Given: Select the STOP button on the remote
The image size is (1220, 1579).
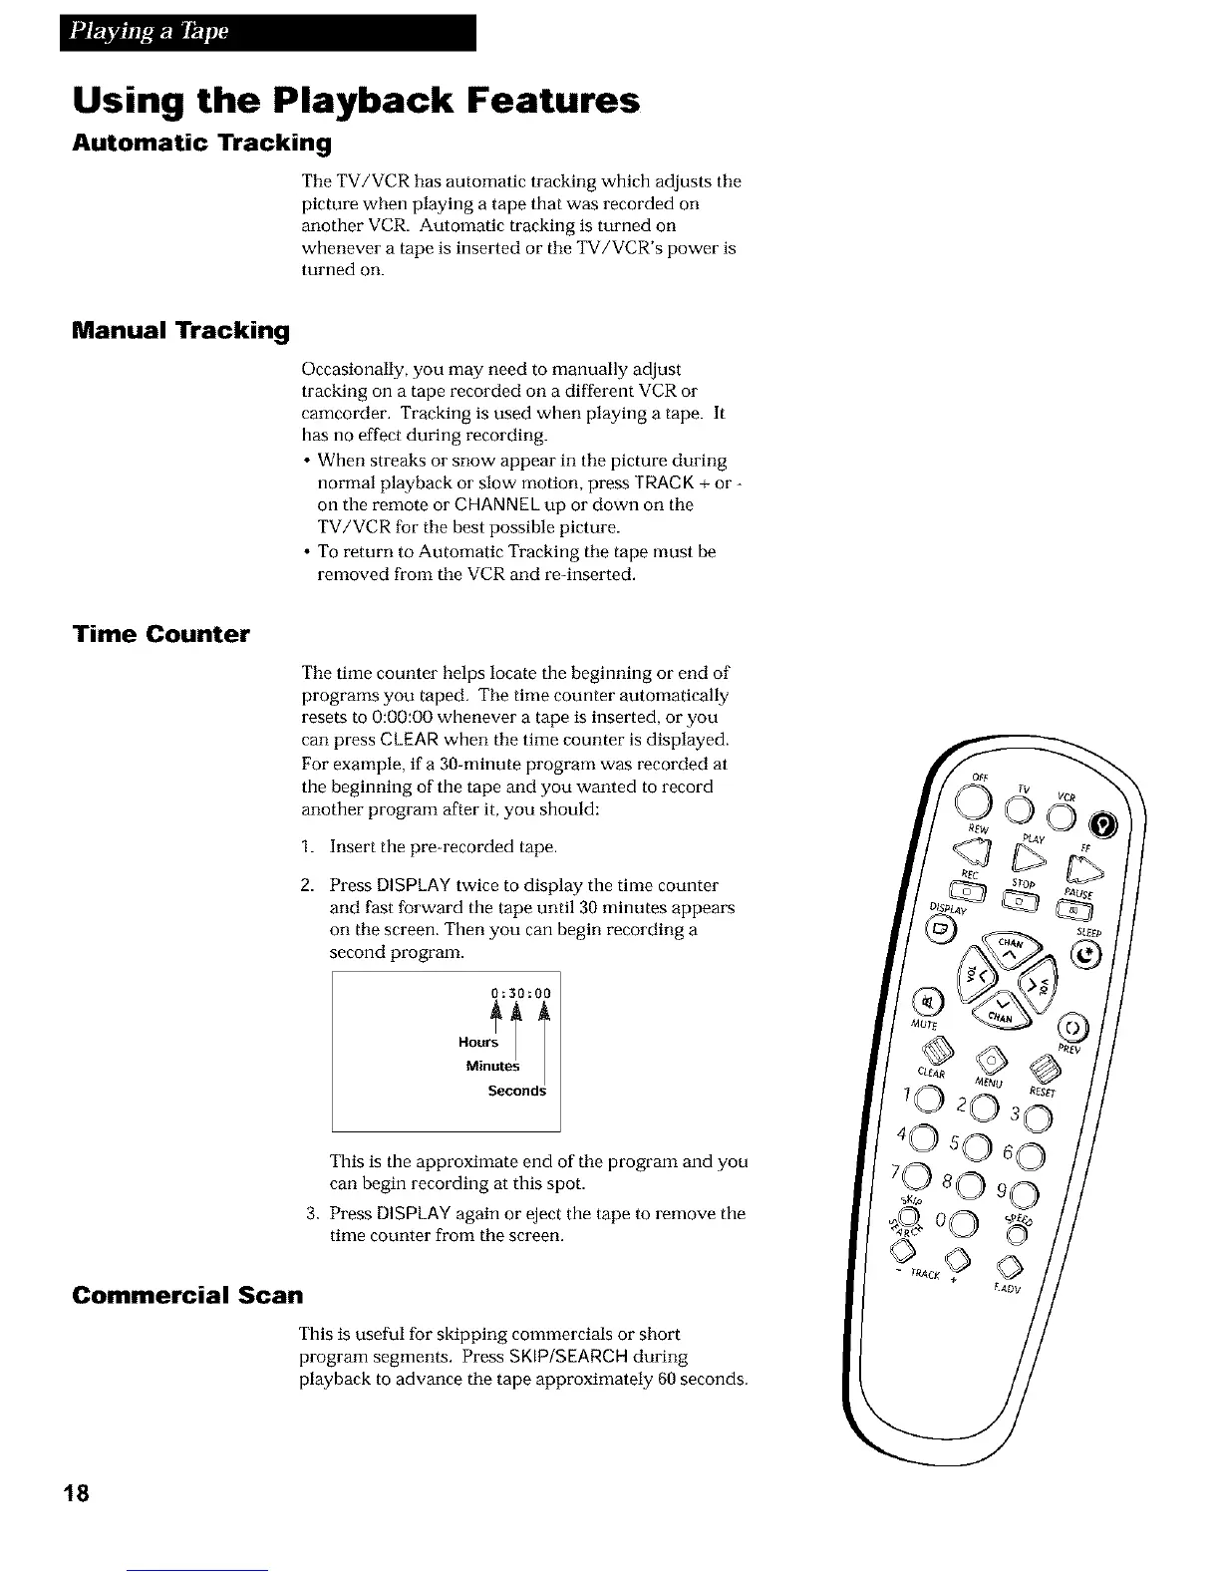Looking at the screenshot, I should (1020, 899).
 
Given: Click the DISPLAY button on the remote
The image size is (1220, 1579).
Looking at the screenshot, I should (942, 930).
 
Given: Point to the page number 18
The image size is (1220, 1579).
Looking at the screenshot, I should (78, 1492).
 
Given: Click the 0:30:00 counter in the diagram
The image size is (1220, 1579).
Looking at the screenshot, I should (521, 993).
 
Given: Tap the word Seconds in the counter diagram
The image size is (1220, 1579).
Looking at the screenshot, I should (516, 1091).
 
